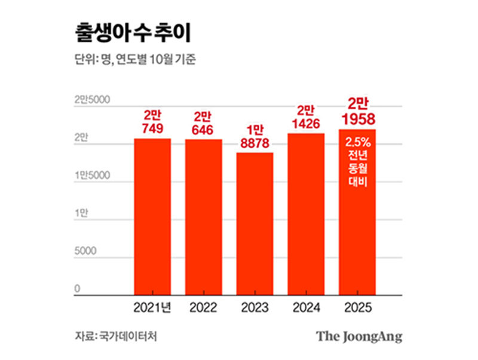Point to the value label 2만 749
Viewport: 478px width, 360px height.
pos(152,121)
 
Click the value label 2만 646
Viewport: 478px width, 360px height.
pos(203,122)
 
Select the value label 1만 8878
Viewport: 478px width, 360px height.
pos(255,136)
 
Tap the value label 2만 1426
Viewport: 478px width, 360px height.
pos(306,116)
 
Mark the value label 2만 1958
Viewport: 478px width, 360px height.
pos(357,112)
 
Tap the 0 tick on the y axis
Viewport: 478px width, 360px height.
pos(77,290)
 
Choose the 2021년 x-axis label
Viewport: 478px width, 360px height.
pos(152,308)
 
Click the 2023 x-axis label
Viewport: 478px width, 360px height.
pos(255,308)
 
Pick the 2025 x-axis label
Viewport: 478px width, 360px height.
pos(357,308)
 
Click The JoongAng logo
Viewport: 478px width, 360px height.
pos(359,336)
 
